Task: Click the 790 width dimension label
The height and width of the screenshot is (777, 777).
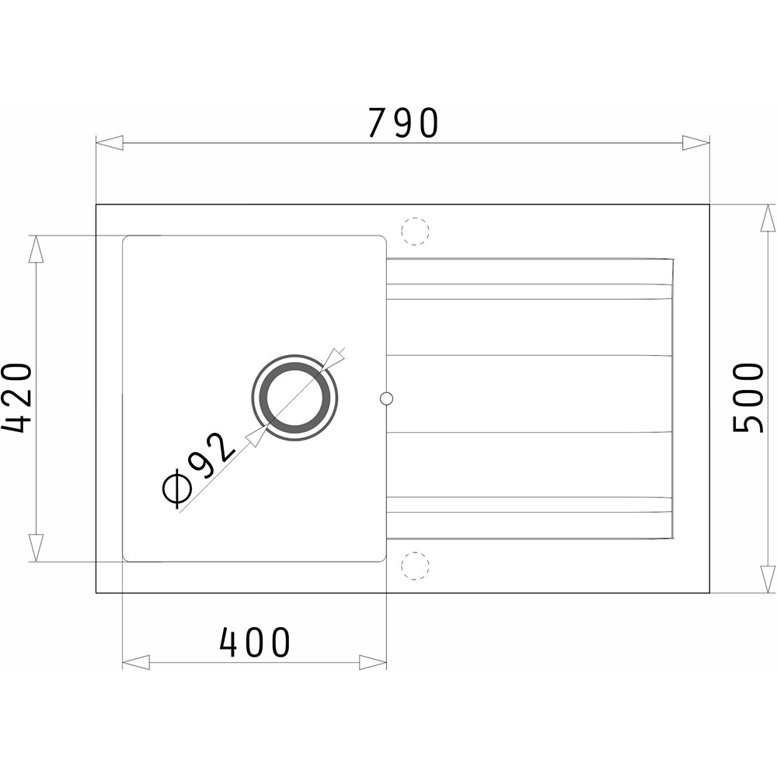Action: coord(402,123)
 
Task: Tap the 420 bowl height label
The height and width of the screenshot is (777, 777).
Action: coord(16,397)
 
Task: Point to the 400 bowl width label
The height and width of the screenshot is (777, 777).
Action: coord(254,643)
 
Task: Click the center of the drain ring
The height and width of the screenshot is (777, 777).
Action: coord(295,398)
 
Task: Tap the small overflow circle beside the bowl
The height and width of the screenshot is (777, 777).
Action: coord(386,398)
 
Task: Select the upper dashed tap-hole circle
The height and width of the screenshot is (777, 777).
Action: coord(415,231)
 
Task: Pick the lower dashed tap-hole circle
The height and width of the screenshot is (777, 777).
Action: coord(415,566)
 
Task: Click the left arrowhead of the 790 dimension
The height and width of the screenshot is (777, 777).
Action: coord(109,144)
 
